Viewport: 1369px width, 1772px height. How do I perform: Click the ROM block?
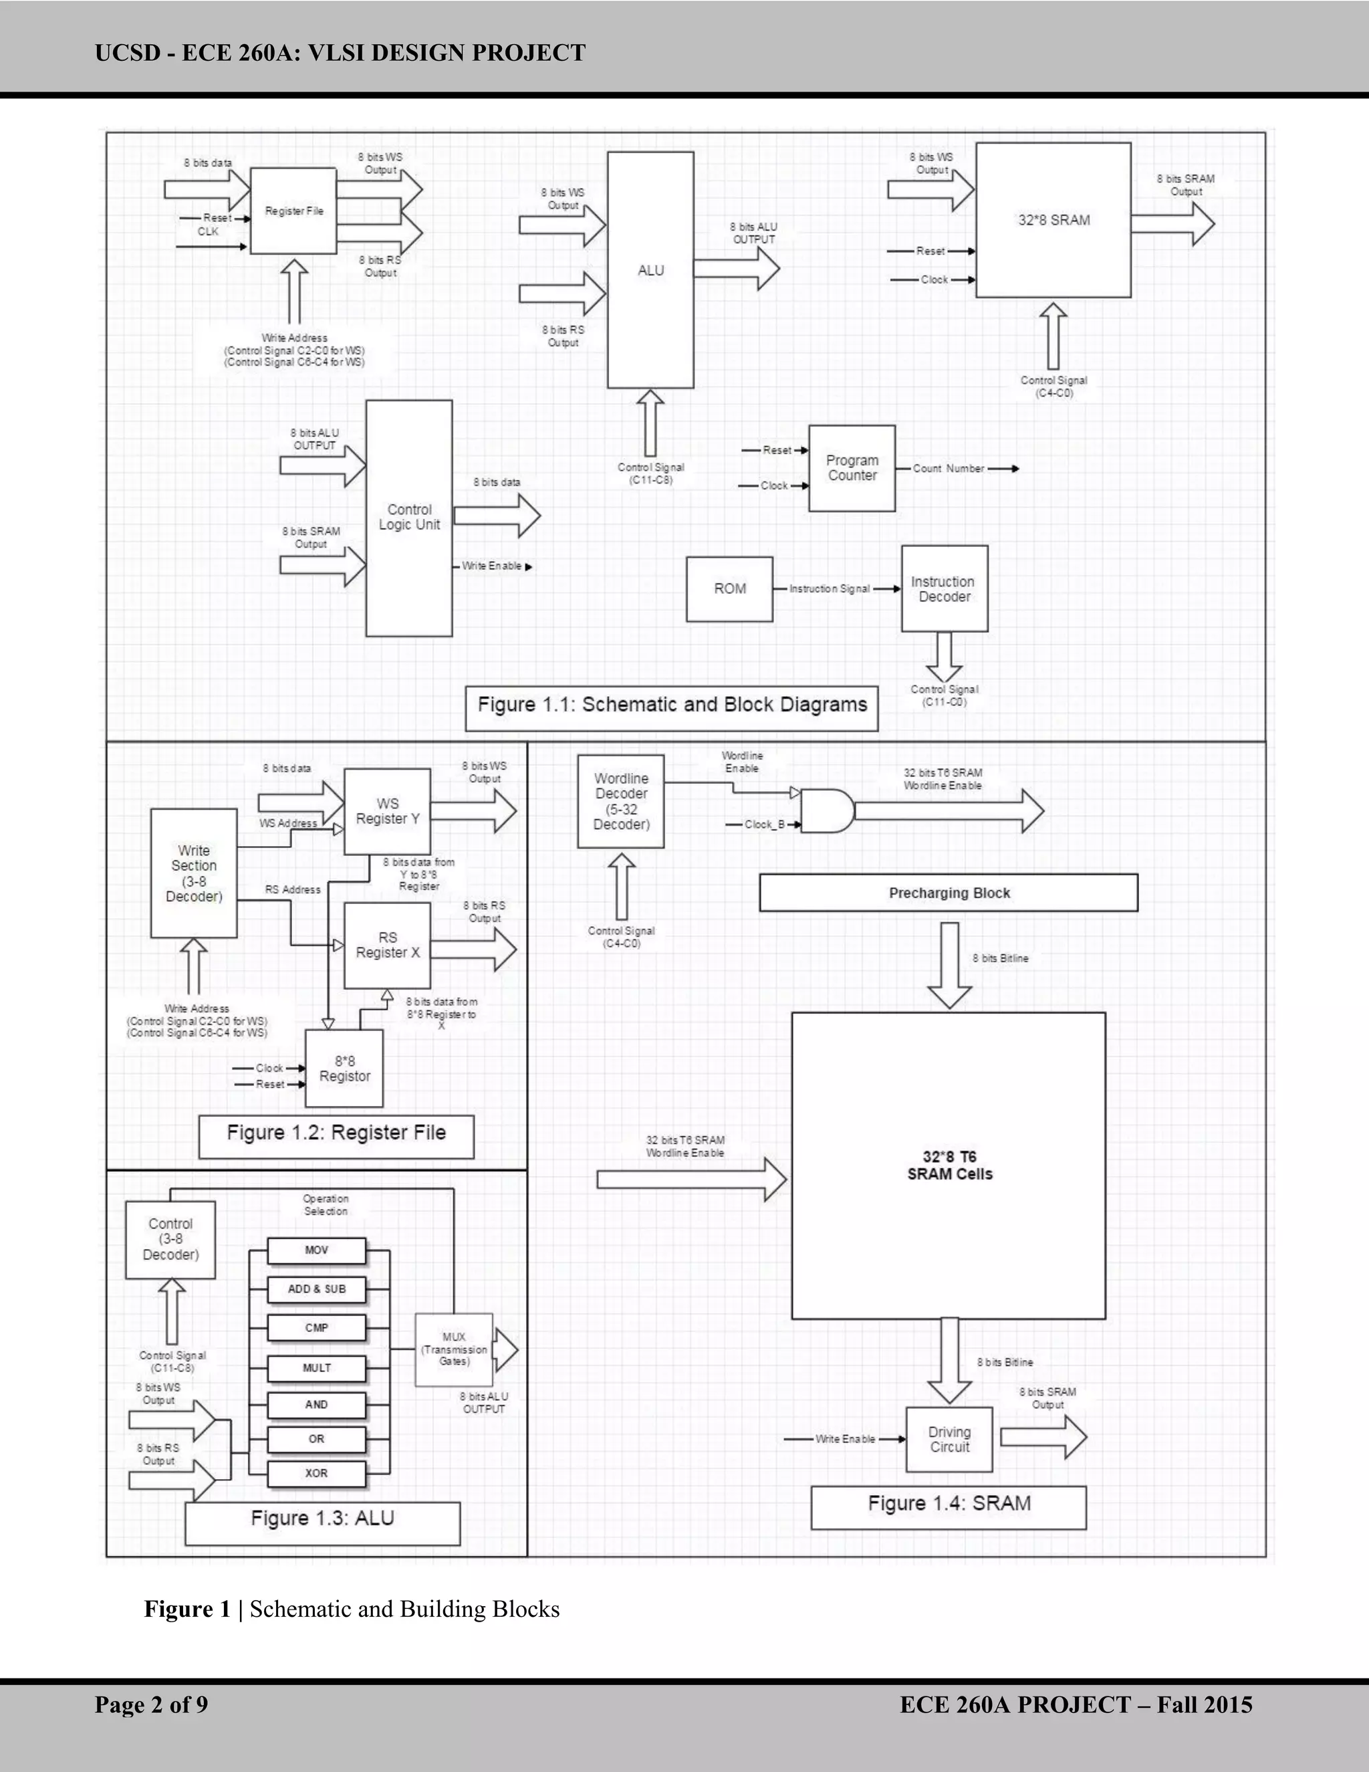pyautogui.click(x=729, y=589)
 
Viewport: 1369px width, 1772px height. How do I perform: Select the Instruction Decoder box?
pyautogui.click(x=944, y=589)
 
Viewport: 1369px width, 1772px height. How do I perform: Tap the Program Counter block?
pyautogui.click(x=852, y=468)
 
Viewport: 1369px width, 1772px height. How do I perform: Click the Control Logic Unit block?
pyautogui.click(x=408, y=518)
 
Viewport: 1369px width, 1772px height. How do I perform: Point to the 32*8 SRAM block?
pyautogui.click(x=1053, y=220)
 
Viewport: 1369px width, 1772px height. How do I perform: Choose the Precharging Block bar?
pyautogui.click(x=948, y=893)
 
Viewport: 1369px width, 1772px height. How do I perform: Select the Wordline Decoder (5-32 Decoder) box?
pyautogui.click(x=620, y=802)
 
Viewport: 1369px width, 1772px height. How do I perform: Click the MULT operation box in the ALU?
pyautogui.click(x=316, y=1368)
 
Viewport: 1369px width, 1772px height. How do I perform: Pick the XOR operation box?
pyautogui.click(x=316, y=1473)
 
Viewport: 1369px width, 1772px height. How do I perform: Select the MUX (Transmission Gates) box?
pyautogui.click(x=453, y=1349)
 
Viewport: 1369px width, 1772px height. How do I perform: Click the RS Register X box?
pyautogui.click(x=387, y=946)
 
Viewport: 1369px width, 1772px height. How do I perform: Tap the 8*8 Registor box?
pyautogui.click(x=344, y=1069)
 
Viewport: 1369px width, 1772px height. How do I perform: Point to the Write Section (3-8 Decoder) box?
pyautogui.click(x=194, y=873)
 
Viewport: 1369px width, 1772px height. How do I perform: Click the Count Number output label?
pyautogui.click(x=948, y=469)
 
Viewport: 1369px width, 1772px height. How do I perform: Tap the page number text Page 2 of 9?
pyautogui.click(x=151, y=1704)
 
